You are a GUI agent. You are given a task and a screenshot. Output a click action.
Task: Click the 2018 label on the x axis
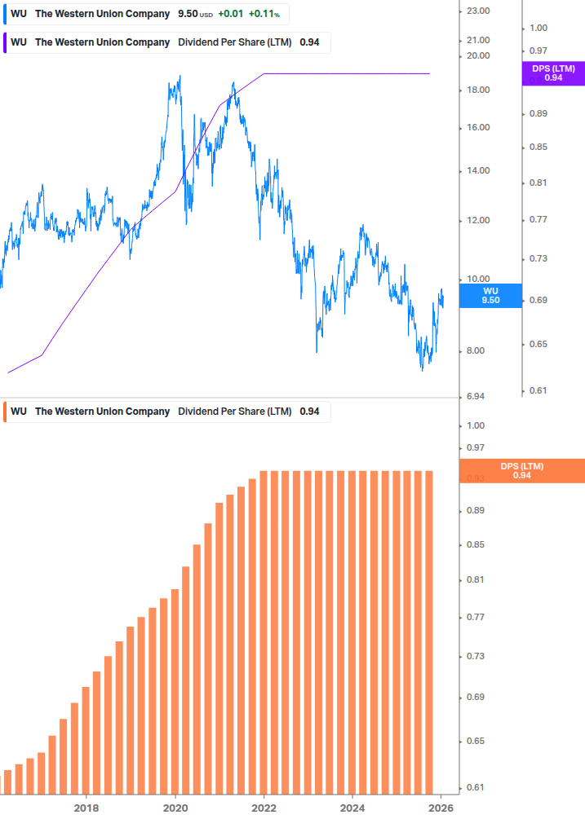[86, 807]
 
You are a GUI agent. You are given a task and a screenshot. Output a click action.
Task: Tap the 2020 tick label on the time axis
[175, 807]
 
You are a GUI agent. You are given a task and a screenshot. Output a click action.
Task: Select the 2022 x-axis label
[264, 807]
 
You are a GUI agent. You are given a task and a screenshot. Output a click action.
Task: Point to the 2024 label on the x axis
[352, 807]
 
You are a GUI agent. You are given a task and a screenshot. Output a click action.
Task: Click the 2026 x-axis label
[441, 807]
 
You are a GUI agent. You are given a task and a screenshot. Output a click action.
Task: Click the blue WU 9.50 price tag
[490, 295]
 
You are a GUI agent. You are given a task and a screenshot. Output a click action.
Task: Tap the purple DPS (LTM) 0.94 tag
[553, 73]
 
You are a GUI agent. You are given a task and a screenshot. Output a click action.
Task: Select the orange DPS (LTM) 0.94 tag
[522, 471]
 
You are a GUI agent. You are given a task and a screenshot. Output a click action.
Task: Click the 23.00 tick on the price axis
[476, 11]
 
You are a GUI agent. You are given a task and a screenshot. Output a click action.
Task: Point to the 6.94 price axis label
[476, 396]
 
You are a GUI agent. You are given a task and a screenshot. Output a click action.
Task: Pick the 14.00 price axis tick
[476, 171]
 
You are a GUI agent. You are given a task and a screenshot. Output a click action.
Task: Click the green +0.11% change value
[264, 14]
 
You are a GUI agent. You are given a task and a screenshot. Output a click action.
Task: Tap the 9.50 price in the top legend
[188, 14]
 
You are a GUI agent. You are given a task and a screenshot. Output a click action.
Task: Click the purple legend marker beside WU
[7, 42]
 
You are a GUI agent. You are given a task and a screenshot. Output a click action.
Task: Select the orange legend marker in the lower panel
[7, 412]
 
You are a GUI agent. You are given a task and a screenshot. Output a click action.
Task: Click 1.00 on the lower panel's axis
[476, 425]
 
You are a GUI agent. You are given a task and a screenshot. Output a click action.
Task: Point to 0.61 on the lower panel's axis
[476, 787]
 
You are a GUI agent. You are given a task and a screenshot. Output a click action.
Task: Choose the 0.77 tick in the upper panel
[537, 220]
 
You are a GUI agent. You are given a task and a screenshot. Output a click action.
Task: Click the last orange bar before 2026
[428, 632]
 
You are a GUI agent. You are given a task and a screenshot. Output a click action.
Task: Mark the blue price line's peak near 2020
[179, 77]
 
